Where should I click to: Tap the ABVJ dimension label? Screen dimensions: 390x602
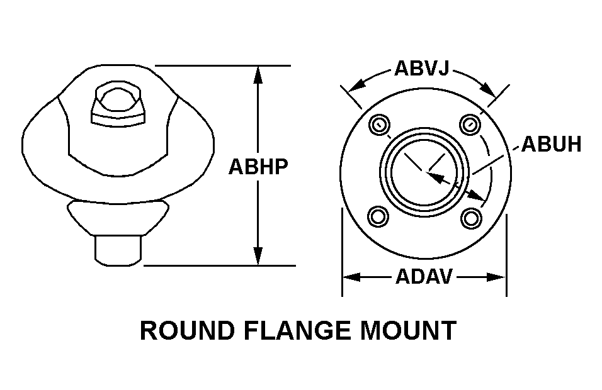pyautogui.click(x=421, y=68)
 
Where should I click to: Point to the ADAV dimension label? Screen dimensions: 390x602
pyautogui.click(x=424, y=276)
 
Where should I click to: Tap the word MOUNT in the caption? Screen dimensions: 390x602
pyautogui.click(x=412, y=330)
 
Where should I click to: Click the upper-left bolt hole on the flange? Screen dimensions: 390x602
pyautogui.click(x=378, y=125)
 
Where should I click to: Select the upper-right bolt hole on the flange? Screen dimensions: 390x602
pyautogui.click(x=470, y=125)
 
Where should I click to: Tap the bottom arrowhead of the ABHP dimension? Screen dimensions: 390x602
pyautogui.click(x=258, y=257)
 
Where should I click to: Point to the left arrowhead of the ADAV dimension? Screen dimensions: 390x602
pyautogui.click(x=350, y=277)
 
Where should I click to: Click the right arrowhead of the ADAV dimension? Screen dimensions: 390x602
pyautogui.click(x=498, y=277)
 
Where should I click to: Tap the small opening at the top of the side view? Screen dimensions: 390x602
pyautogui.click(x=118, y=103)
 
